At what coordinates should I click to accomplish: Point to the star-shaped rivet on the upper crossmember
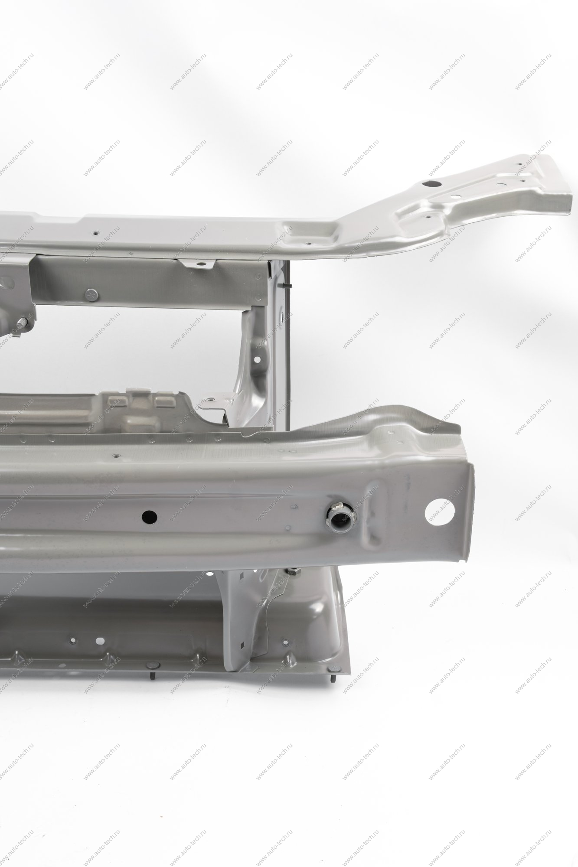click(x=92, y=295)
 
